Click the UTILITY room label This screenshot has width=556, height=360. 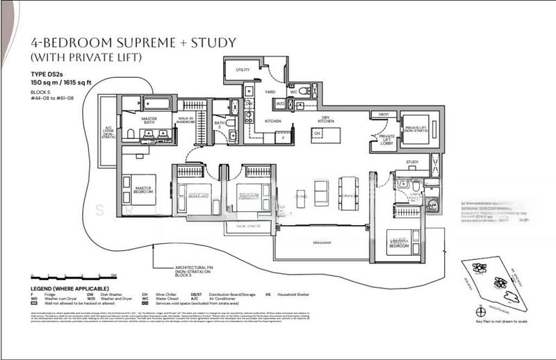coord(243,70)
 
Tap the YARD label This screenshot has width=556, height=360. coord(271,92)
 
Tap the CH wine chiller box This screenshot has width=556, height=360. coord(316,133)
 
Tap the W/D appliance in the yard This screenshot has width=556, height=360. coord(279,105)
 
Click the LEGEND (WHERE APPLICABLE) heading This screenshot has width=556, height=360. coord(69,288)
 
